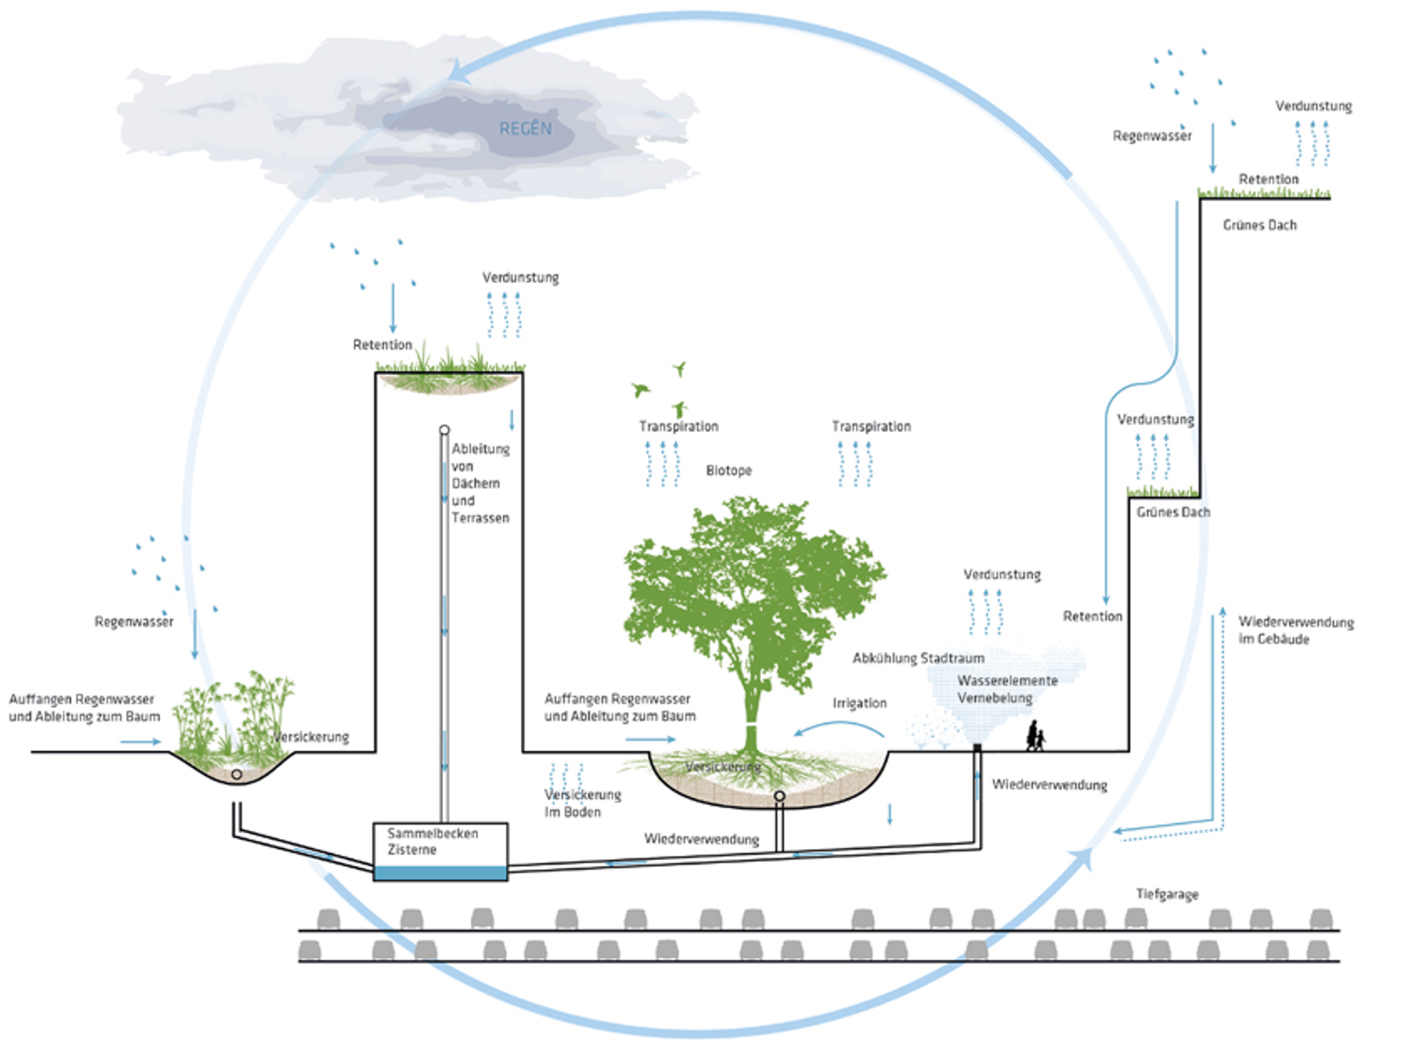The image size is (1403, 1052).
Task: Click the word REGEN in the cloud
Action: tap(525, 129)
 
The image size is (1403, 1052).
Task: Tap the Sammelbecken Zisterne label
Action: tap(432, 842)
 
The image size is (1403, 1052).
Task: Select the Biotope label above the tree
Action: tap(729, 471)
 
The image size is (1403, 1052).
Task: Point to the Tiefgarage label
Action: tap(1167, 894)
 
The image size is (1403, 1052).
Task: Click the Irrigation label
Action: tap(859, 703)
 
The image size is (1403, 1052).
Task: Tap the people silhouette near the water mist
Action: tap(1036, 736)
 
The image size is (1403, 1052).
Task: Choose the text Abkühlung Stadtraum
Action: tap(918, 658)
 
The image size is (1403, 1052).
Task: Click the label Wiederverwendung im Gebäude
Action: tap(1295, 630)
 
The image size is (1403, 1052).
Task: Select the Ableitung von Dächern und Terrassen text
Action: tap(480, 483)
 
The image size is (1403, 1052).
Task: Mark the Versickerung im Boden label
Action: tap(581, 803)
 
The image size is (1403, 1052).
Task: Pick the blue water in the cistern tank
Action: tap(440, 873)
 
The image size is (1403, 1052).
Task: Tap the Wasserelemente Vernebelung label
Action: tap(1007, 689)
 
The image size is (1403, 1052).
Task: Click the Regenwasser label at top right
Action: tap(1151, 136)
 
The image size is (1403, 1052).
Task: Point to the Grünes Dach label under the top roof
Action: tap(1259, 225)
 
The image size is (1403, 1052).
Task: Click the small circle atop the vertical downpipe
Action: tap(445, 430)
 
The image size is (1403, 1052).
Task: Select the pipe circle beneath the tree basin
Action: tap(779, 796)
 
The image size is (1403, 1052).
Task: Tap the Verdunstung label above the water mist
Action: tap(1001, 575)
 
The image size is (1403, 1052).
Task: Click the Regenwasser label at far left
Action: tap(133, 622)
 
